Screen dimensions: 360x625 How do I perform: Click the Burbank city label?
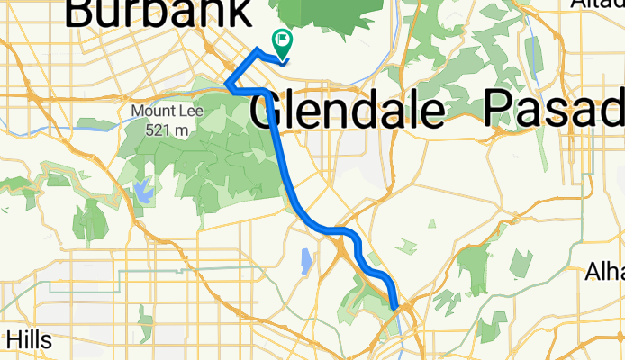pyautogui.click(x=158, y=13)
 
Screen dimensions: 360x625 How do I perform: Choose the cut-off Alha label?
pyautogui.click(x=605, y=272)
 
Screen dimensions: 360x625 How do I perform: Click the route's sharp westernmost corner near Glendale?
pyautogui.click(x=226, y=86)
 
